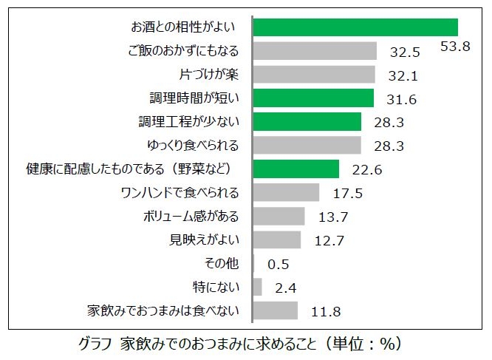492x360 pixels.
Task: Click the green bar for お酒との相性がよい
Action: tap(355, 27)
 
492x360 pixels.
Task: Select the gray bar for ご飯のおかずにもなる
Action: tap(315, 51)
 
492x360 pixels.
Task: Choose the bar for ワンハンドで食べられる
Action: tap(286, 193)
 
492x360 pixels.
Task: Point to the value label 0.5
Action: tap(279, 265)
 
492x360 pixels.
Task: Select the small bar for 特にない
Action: tap(257, 287)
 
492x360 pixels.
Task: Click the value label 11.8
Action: tap(325, 311)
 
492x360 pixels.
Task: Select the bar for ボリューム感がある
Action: tap(279, 217)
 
